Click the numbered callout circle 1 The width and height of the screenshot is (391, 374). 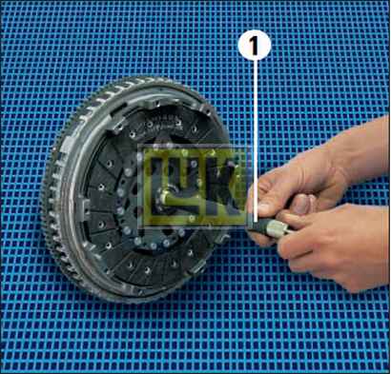point(255,46)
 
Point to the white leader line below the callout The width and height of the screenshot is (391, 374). point(255,141)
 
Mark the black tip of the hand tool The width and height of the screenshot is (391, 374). point(257,226)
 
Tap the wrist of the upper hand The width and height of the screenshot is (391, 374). point(356,149)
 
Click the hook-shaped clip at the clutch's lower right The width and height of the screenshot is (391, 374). point(221,240)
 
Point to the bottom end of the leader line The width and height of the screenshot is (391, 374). point(255,223)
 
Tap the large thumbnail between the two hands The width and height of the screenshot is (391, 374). point(301,205)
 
